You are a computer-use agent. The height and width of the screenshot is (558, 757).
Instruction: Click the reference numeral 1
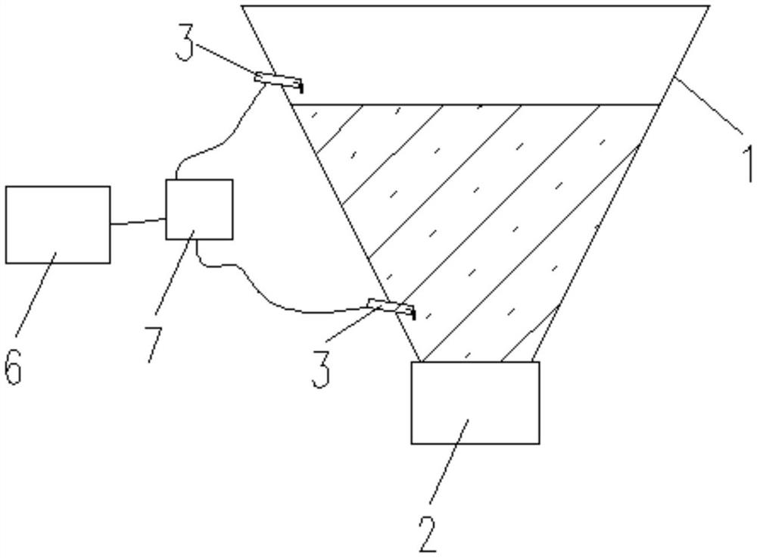tap(745, 163)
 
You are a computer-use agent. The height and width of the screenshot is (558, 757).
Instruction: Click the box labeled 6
tap(58, 224)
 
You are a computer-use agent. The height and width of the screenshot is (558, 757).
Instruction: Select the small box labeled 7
tap(199, 209)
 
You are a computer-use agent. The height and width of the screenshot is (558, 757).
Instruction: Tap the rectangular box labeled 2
tap(475, 402)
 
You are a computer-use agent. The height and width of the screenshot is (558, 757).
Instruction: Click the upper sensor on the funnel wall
tap(278, 79)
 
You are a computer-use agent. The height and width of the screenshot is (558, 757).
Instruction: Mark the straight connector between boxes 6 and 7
tap(138, 223)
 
